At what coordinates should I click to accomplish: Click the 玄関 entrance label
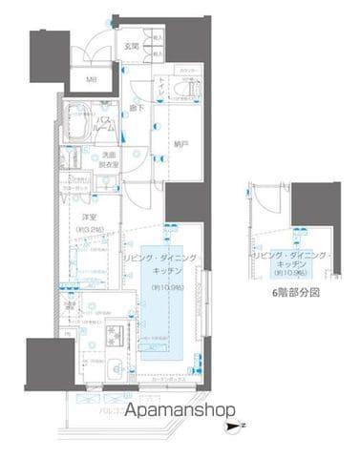click(132, 47)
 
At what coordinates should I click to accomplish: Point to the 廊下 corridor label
click(138, 107)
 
